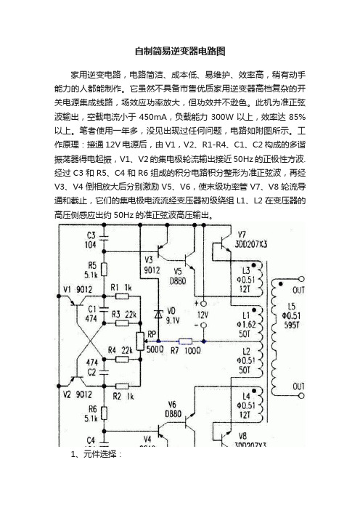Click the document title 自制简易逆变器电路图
point(180,51)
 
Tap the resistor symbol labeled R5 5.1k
point(105,270)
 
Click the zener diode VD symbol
point(158,314)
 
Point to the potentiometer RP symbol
point(140,341)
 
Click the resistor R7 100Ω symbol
point(185,341)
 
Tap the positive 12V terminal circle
point(204,304)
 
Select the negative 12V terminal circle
point(204,325)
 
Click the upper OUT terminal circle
point(301,279)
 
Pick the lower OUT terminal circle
point(301,396)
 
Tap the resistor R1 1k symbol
point(122,296)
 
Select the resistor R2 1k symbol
point(122,386)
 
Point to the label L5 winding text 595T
point(292,325)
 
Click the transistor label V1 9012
point(78,289)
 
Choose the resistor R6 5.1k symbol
point(105,413)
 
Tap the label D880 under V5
point(178,280)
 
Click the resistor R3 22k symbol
point(122,323)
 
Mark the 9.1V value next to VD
point(173,320)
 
